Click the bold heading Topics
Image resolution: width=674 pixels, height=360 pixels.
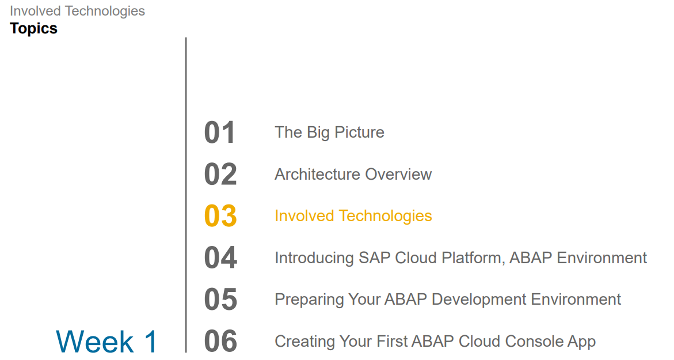pos(33,28)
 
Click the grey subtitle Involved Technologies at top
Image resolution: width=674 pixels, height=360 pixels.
pos(77,11)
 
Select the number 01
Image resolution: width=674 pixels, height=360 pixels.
pos(220,132)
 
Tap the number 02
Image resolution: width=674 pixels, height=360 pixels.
pos(220,175)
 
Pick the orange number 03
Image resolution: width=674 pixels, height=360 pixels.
pos(220,216)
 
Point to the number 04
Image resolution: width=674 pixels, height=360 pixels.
pos(220,258)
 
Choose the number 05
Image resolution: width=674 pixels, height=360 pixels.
pos(220,300)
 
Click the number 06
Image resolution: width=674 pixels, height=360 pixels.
pos(220,342)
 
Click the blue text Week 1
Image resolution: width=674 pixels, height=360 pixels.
pos(106,342)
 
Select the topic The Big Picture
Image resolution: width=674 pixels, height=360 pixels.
pos(329,132)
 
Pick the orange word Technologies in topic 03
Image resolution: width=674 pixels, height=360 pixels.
pos(385,216)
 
